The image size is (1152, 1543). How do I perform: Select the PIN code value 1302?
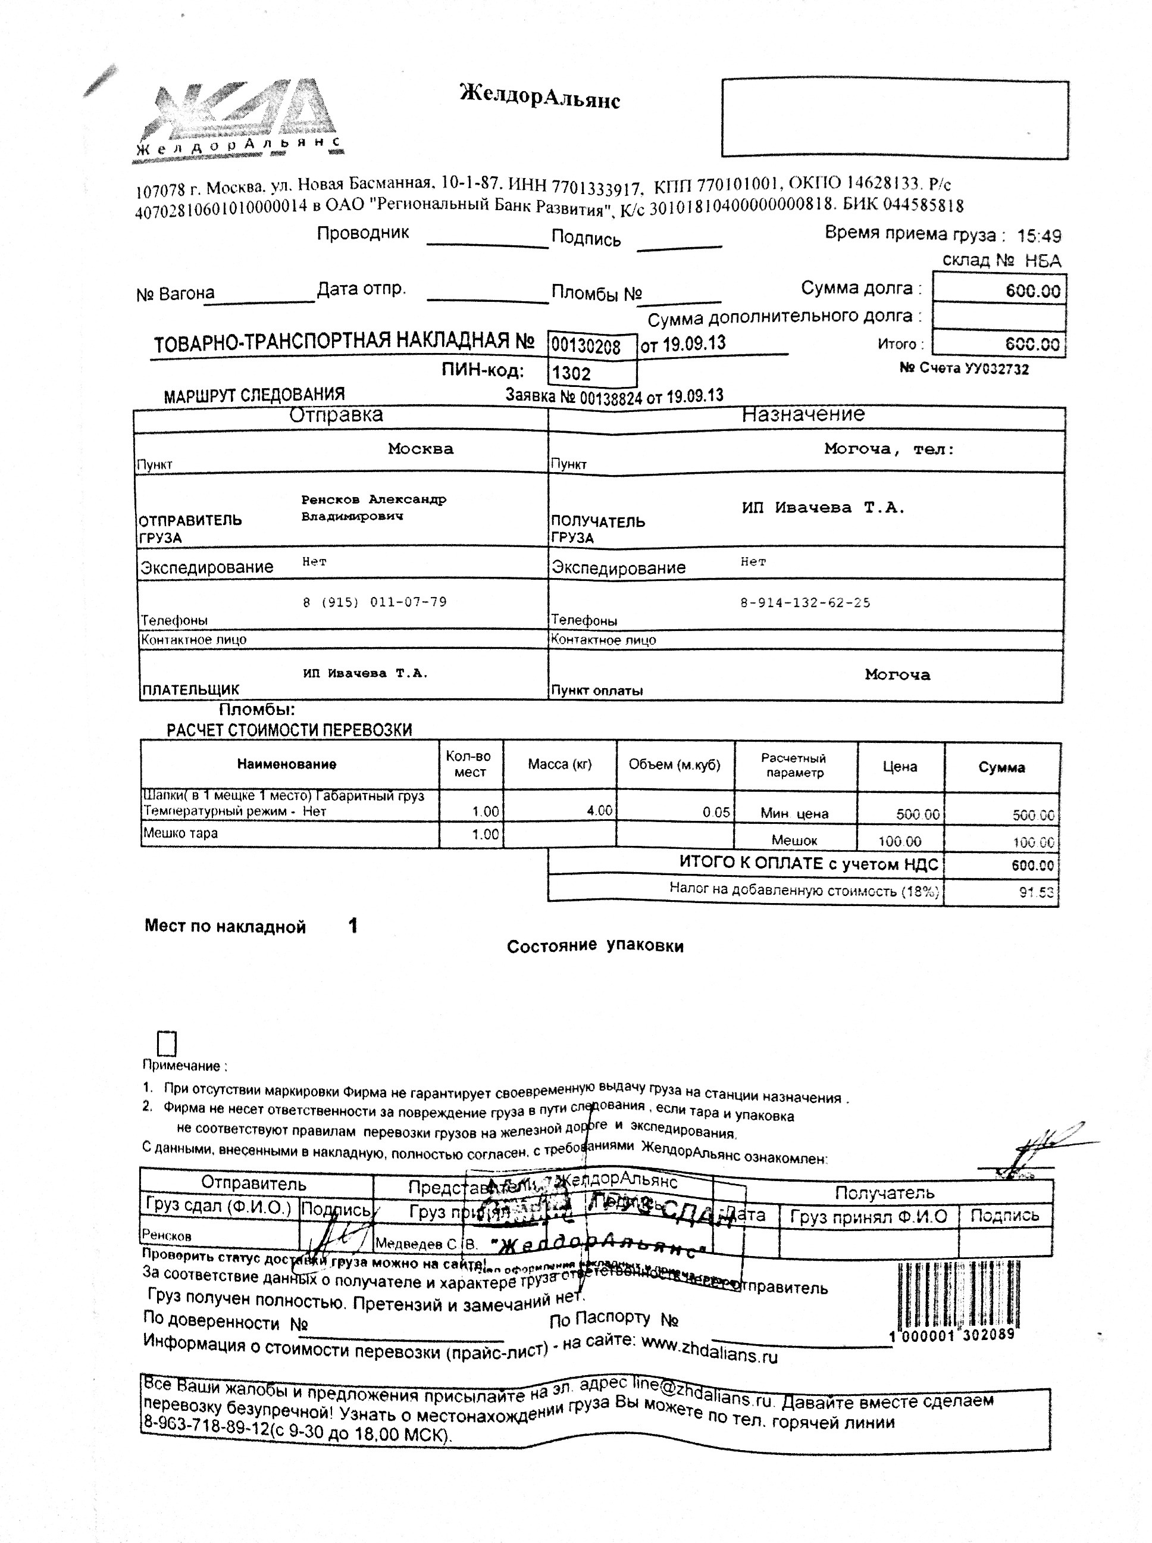tap(572, 373)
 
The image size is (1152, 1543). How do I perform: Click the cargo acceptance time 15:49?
tap(1039, 236)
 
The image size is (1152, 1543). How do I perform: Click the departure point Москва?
tap(421, 448)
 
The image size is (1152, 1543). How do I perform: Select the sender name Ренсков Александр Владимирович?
tap(373, 508)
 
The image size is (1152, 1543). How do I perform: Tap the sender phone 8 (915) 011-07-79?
tap(374, 602)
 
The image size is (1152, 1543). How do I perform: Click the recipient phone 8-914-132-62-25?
tap(806, 602)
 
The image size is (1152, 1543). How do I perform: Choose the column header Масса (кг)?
tap(559, 764)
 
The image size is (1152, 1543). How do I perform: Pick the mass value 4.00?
tap(599, 811)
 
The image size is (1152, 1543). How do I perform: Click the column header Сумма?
tap(1001, 767)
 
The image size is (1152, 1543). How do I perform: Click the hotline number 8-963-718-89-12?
tap(206, 1427)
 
